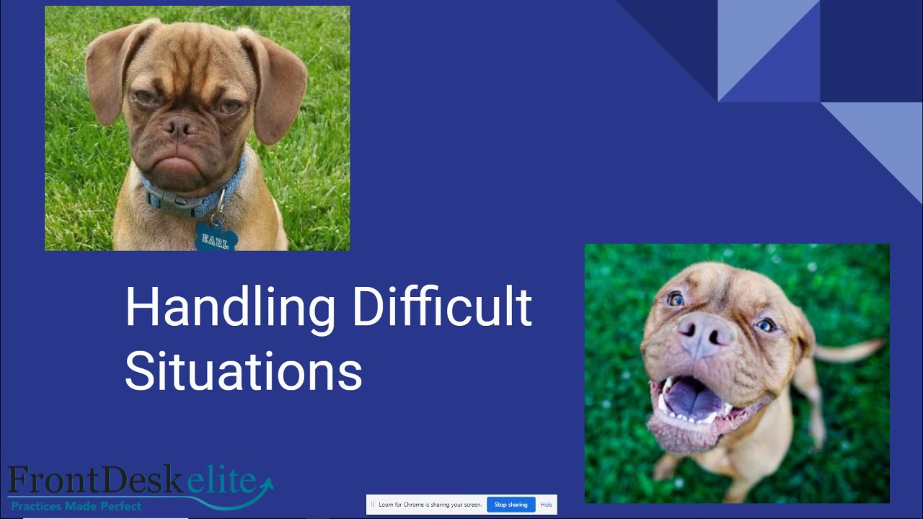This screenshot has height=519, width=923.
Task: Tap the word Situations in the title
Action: [x=244, y=371]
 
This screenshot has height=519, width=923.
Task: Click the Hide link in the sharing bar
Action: [x=546, y=505]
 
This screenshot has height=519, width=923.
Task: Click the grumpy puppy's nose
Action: [x=179, y=127]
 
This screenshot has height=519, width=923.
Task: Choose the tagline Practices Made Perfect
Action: [x=76, y=506]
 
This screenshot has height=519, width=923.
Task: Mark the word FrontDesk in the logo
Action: [x=95, y=479]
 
